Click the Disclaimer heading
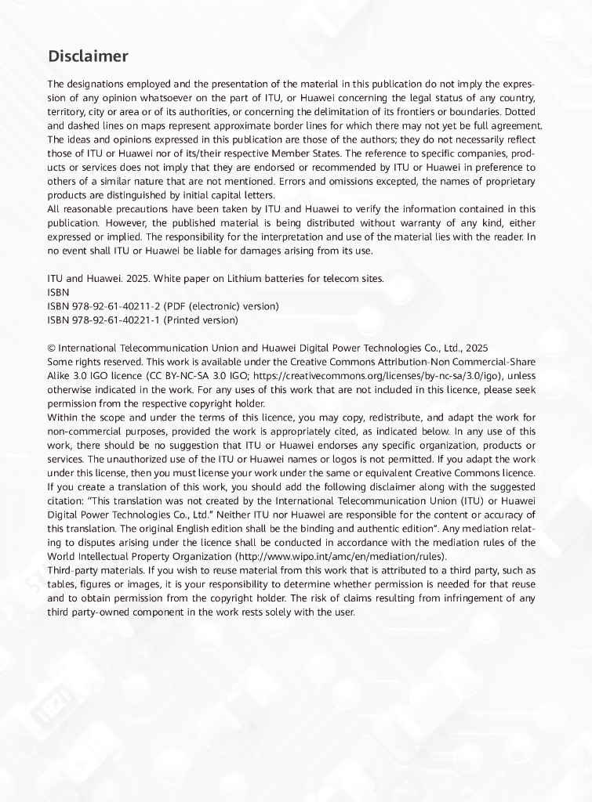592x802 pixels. tap(88, 56)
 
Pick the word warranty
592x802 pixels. tap(423, 222)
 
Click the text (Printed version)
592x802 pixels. tap(200, 320)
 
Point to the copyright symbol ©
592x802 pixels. tap(52, 348)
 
